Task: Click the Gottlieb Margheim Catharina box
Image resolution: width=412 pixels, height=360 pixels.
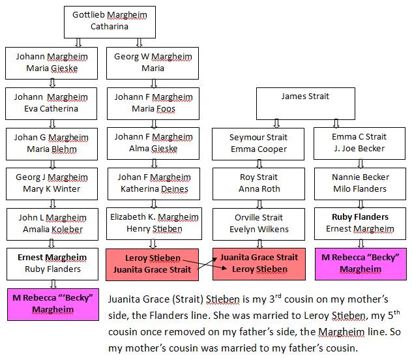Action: [x=110, y=22]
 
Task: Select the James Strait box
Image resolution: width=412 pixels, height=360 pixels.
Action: [x=306, y=104]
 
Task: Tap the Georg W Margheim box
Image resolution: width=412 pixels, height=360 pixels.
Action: [x=153, y=63]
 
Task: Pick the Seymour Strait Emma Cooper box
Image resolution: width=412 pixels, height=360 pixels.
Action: [x=258, y=144]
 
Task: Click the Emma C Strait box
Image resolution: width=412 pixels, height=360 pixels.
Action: [x=359, y=143]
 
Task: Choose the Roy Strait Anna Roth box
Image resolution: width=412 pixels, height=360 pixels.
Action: [x=259, y=184]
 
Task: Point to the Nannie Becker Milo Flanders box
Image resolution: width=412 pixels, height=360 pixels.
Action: [x=360, y=184]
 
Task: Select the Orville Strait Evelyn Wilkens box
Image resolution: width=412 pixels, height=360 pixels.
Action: [x=259, y=224]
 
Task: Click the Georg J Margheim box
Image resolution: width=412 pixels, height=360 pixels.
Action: [x=51, y=184]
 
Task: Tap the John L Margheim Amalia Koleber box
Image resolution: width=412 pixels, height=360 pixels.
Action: [x=52, y=224]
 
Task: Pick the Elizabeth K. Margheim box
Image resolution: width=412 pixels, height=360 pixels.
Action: [x=154, y=224]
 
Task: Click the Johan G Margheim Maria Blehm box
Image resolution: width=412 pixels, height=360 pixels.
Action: [x=51, y=144]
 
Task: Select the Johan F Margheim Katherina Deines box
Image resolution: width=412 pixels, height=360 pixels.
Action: [x=154, y=184]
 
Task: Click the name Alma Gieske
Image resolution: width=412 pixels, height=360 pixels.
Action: [x=153, y=149]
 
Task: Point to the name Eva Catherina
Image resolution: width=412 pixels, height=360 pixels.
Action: [x=51, y=108]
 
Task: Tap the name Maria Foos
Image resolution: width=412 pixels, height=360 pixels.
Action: [x=153, y=108]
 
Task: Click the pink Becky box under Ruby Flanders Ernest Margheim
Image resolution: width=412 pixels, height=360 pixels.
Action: [x=360, y=264]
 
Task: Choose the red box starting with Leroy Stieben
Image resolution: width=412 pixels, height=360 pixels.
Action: [x=152, y=265]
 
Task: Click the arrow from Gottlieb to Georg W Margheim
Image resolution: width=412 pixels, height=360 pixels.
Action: [x=140, y=42]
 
